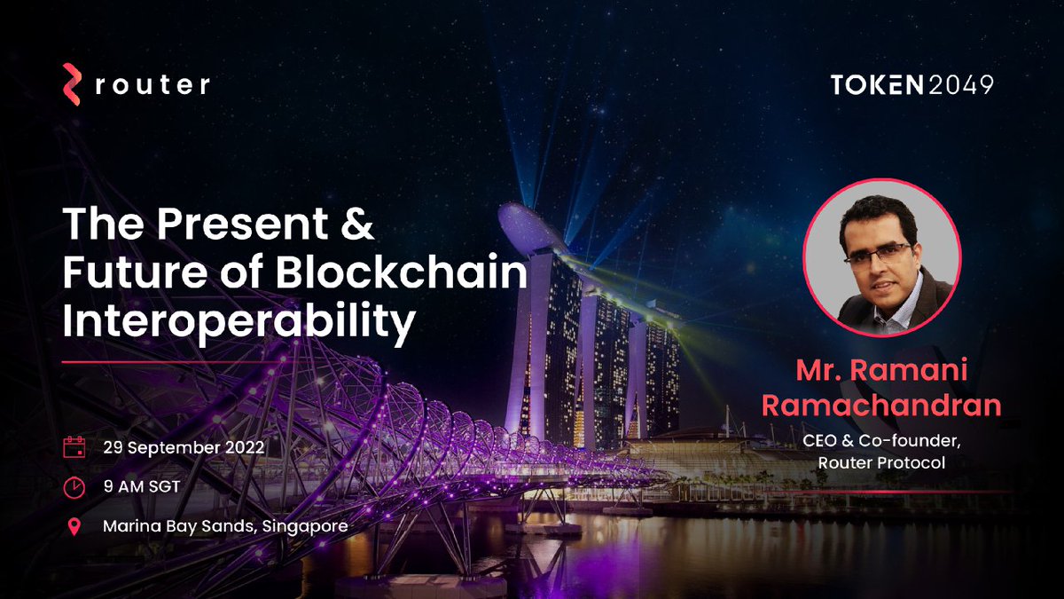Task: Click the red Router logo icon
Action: (x=72, y=85)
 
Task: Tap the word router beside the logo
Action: (x=152, y=85)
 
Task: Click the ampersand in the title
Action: (x=356, y=226)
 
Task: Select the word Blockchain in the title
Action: (x=401, y=276)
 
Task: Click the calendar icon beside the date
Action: (x=74, y=447)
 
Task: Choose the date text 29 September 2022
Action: (x=183, y=447)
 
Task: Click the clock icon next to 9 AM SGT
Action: (x=74, y=486)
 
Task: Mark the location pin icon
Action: (x=74, y=526)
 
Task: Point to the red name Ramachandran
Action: (x=882, y=405)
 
